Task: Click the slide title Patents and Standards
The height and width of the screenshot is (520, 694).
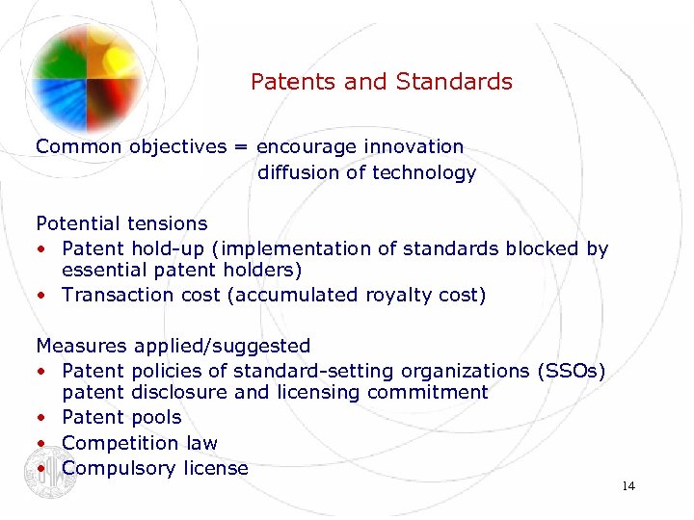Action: (x=381, y=82)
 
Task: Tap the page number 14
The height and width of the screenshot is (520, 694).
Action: (x=628, y=486)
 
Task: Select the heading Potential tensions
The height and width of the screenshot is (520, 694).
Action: (x=121, y=223)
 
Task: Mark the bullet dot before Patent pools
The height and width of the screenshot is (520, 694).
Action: (x=41, y=418)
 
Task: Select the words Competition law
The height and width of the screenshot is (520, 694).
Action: (x=140, y=443)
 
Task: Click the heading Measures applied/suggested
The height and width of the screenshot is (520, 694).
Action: (x=173, y=346)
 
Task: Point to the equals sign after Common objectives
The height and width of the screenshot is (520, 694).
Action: (x=240, y=146)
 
